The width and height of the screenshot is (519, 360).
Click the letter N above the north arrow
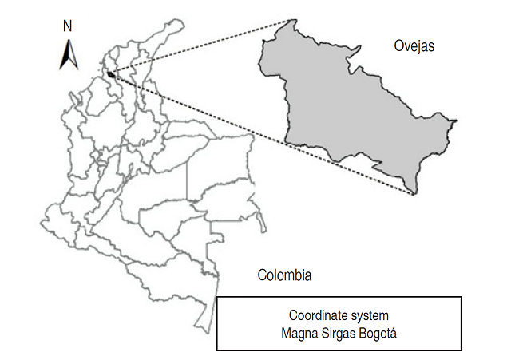68,25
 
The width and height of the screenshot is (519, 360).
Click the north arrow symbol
68,53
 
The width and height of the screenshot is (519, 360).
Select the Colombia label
284,275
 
